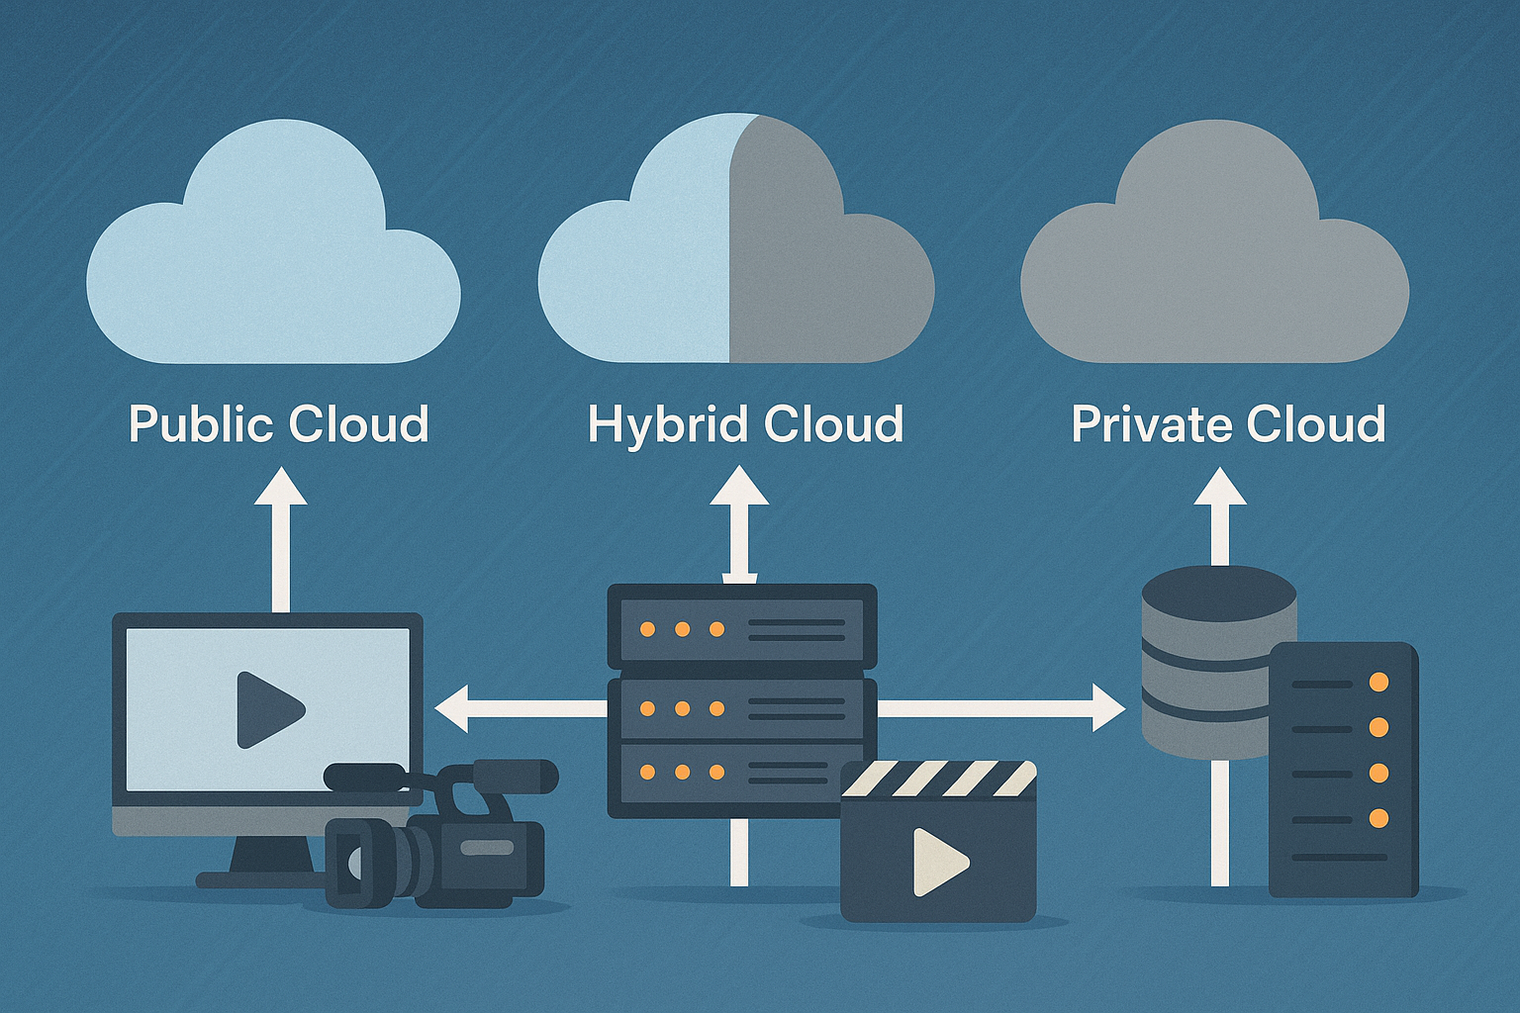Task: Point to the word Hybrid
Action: pos(666,424)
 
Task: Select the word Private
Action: pos(1150,424)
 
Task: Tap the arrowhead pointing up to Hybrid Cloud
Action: pos(739,487)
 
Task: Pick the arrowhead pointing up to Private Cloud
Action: pos(1219,488)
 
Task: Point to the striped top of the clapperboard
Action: pos(938,779)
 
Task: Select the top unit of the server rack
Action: pos(741,627)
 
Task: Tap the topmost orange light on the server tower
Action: pos(1377,683)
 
